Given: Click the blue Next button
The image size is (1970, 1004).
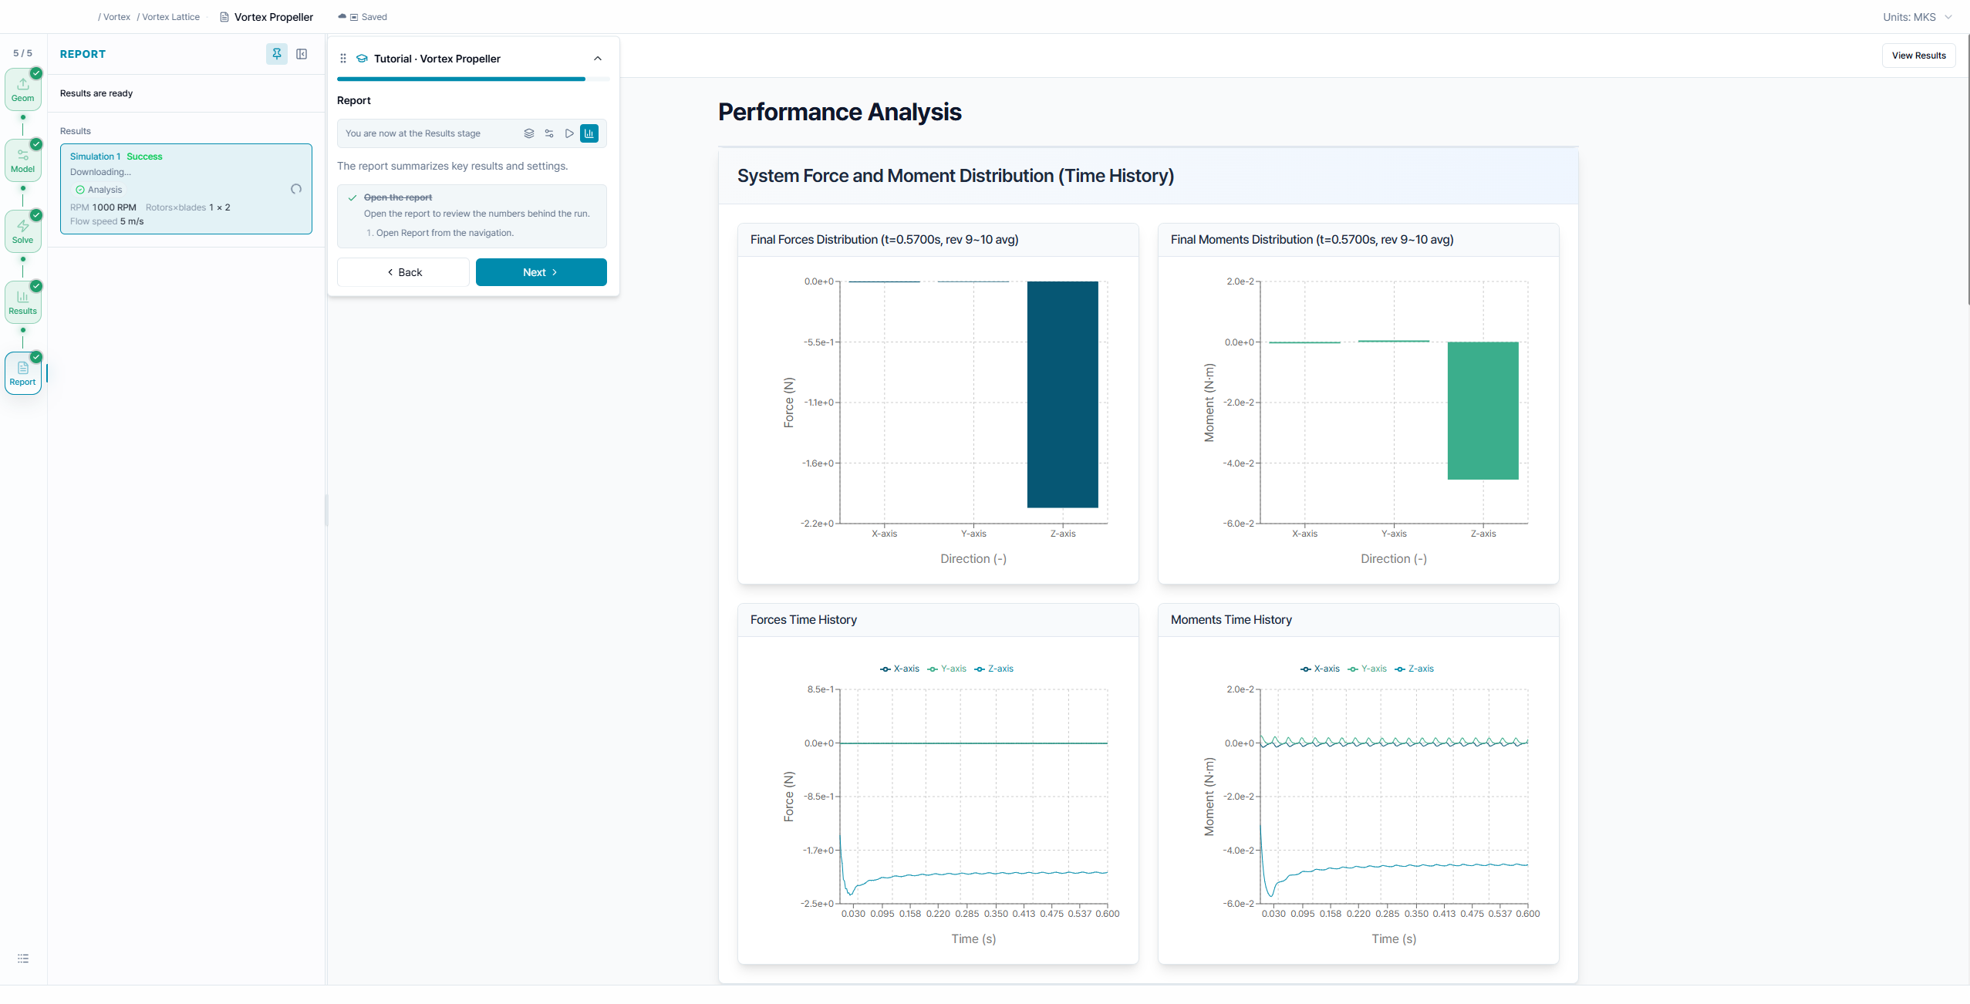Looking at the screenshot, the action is (x=541, y=272).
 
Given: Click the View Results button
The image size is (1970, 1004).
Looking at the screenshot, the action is (x=1918, y=56).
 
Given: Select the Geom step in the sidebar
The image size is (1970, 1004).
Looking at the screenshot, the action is (x=23, y=89).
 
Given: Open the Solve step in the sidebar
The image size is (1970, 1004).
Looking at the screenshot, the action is (x=23, y=231).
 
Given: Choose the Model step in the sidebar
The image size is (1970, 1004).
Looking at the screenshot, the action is (x=23, y=160).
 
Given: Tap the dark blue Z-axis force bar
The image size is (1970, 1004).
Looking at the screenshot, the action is (x=1062, y=394).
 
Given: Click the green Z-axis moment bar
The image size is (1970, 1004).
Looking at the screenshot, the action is (x=1483, y=410).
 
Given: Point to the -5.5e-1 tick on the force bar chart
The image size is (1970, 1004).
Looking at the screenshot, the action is (x=818, y=342).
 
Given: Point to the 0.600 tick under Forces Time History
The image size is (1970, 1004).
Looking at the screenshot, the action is (x=1107, y=914).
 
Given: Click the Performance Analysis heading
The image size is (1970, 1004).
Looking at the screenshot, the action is (x=839, y=112).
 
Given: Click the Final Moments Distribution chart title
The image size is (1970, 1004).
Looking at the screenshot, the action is (x=1311, y=240).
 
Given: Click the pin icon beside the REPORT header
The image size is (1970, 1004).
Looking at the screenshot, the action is (x=277, y=54).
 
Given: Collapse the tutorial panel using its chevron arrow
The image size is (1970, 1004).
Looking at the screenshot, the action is (x=598, y=59).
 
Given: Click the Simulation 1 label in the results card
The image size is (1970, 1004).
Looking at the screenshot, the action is (x=95, y=157).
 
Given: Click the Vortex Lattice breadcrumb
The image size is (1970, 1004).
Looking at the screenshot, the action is (x=170, y=17).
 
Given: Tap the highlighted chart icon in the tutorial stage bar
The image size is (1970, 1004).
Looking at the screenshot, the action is (x=589, y=133).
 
